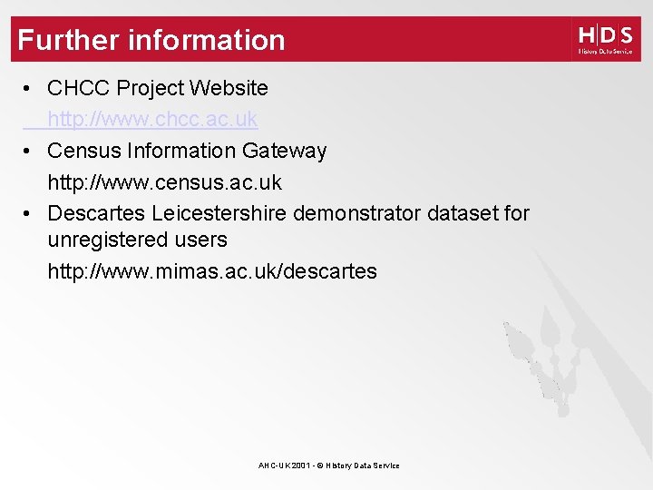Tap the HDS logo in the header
605,39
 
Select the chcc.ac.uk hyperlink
152,119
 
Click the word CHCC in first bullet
79,88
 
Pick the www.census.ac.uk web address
164,182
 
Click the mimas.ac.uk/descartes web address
212,271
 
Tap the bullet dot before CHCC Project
29,89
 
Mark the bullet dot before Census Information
29,152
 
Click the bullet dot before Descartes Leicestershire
29,214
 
